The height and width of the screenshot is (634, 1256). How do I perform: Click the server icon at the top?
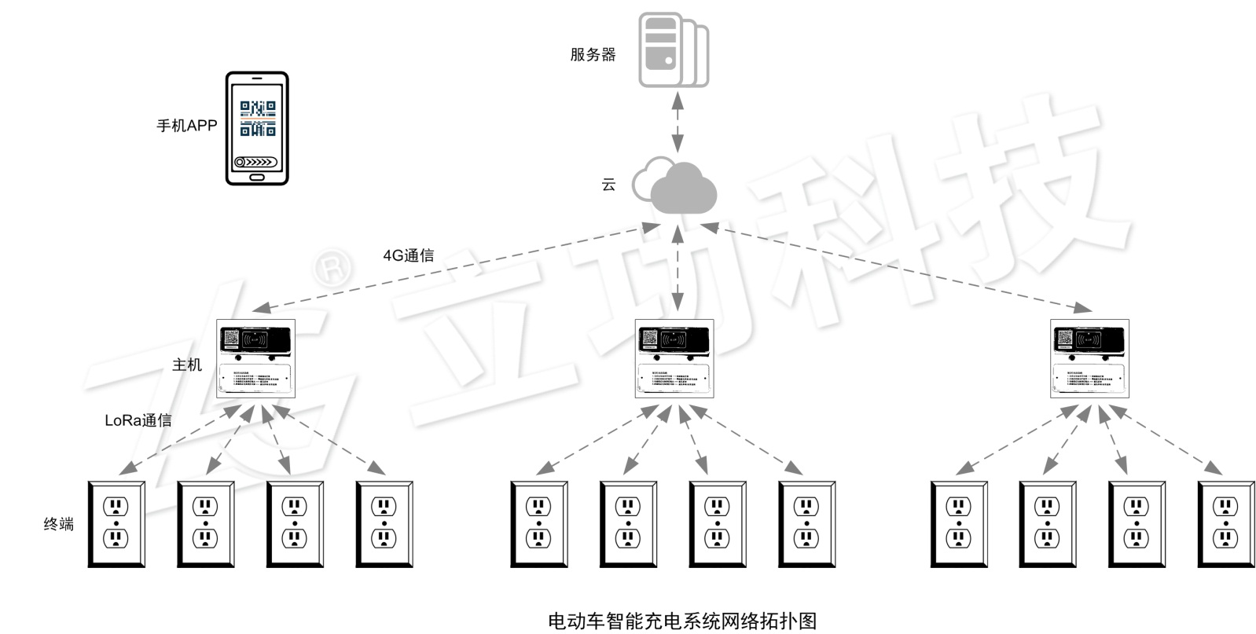(672, 49)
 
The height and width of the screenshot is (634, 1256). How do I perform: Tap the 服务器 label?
(593, 54)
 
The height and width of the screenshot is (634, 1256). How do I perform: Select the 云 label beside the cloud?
(608, 185)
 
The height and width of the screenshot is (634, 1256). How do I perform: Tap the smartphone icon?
(257, 128)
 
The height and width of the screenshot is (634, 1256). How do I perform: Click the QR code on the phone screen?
(257, 118)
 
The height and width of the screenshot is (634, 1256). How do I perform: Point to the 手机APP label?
(187, 126)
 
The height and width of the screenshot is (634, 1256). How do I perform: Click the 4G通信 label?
(408, 255)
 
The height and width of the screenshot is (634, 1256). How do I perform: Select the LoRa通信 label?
(138, 420)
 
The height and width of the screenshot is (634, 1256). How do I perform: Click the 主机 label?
(187, 365)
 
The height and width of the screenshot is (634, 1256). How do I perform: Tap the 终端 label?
(58, 523)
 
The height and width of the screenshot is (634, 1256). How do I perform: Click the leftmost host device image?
(255, 358)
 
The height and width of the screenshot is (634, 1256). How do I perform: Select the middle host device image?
(674, 358)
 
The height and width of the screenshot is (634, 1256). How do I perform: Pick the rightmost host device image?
(1089, 358)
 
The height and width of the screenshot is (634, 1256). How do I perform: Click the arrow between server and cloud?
(677, 121)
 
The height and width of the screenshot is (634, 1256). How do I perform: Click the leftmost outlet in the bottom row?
(116, 524)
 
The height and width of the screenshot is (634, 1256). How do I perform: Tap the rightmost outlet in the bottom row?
(1225, 524)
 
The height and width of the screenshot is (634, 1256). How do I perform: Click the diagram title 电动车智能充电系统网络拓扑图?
(681, 621)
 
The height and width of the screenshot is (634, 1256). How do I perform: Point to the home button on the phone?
(257, 177)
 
